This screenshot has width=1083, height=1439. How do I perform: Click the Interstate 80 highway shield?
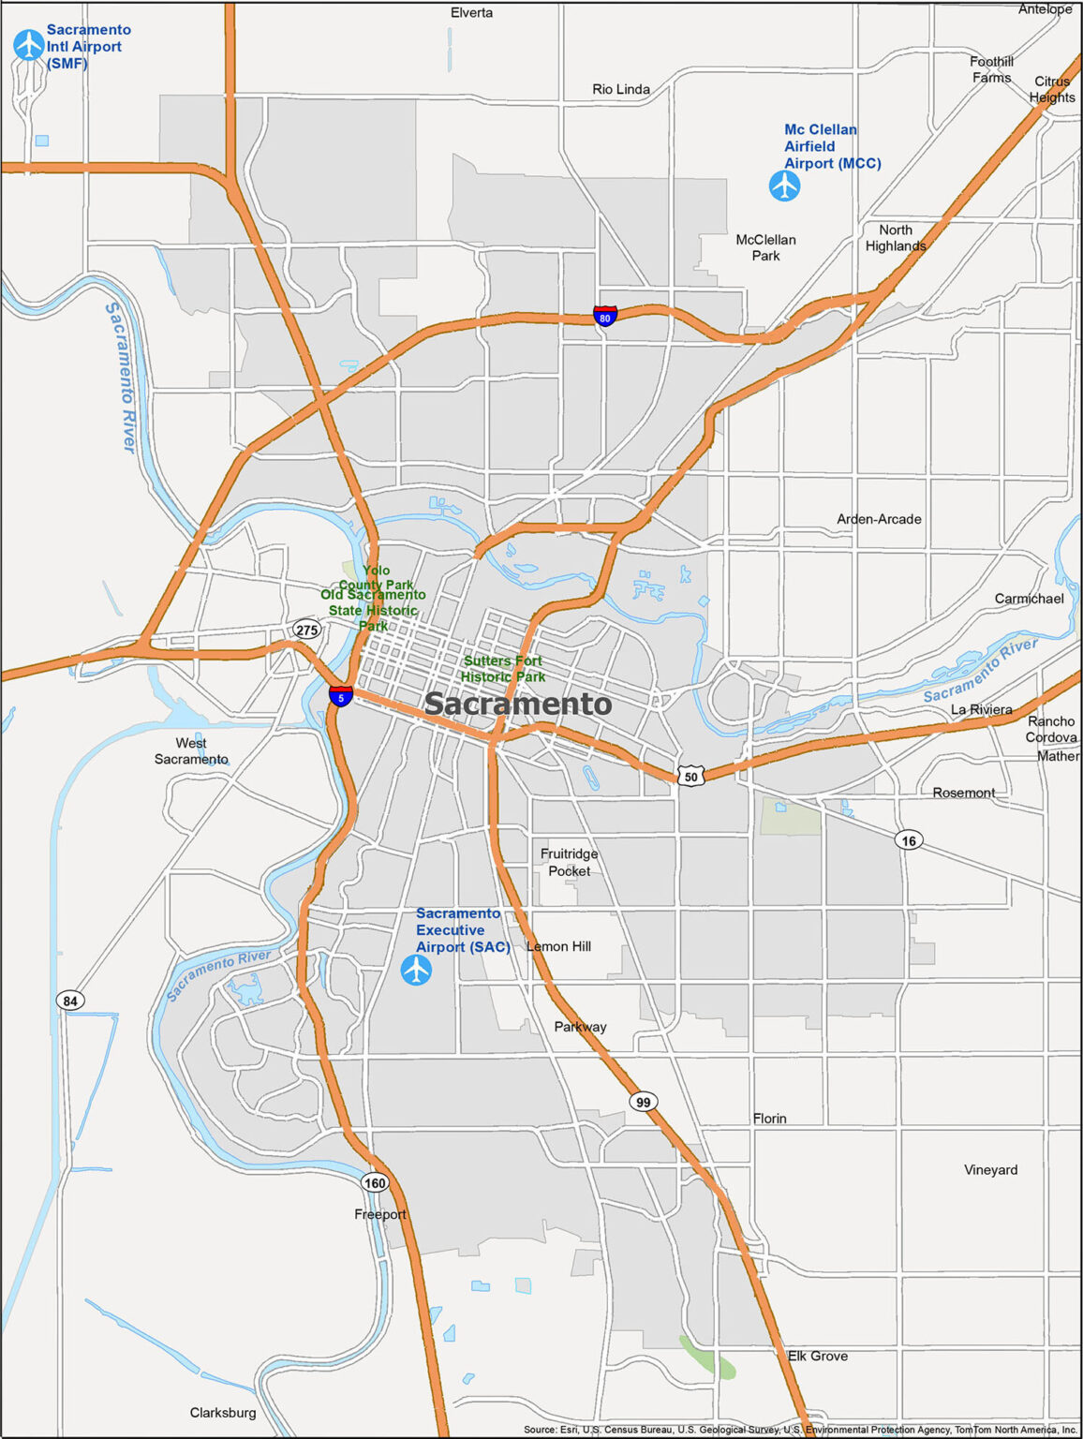tap(605, 316)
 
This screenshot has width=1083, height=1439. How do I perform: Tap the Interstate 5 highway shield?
tap(341, 696)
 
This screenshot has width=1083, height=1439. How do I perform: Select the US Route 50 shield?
tap(690, 776)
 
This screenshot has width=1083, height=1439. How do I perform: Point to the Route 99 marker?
tap(643, 1102)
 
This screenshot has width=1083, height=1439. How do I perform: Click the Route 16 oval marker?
tap(909, 840)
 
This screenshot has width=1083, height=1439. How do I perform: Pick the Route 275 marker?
tap(306, 630)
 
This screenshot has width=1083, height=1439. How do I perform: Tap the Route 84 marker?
tap(70, 1001)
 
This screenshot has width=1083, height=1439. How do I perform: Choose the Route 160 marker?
tap(375, 1182)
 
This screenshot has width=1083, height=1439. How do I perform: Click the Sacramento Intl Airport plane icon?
tap(29, 44)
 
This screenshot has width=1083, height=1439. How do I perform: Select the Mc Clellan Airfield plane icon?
tap(785, 185)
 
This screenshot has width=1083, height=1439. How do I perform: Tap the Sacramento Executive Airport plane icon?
tap(416, 970)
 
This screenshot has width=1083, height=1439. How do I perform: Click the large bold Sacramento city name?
tap(518, 704)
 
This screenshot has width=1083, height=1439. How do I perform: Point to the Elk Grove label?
tap(818, 1356)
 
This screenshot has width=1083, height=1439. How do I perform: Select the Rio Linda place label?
tap(621, 89)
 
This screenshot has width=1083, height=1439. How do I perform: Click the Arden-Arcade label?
tap(879, 519)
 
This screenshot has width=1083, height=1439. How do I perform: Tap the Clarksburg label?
tap(223, 1412)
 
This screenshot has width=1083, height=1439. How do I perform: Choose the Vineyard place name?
tap(990, 1169)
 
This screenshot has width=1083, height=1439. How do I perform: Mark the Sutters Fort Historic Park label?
tap(503, 669)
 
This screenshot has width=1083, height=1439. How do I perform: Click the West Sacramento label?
tap(191, 750)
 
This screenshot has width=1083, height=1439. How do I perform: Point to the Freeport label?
tap(380, 1214)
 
